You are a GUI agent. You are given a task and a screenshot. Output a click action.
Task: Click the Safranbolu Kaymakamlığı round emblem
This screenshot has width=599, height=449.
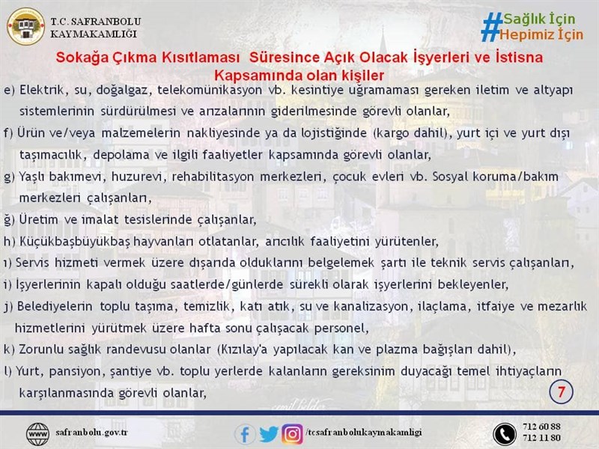[x=25, y=27]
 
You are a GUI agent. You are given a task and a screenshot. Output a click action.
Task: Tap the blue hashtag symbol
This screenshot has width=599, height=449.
[x=491, y=27]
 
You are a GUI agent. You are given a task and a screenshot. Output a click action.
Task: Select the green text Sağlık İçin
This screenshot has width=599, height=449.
[x=539, y=19]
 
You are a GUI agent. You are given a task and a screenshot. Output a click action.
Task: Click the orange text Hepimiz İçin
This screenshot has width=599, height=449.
[x=541, y=34]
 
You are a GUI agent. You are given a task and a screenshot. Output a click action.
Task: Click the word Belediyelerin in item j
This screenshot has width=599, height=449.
[x=55, y=307]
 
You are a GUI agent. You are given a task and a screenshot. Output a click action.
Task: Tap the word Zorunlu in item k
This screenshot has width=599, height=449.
[x=41, y=349]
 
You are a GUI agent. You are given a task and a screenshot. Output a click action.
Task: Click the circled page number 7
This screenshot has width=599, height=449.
[x=561, y=391]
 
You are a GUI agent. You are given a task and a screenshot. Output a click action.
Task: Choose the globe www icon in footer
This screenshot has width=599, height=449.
[x=37, y=435]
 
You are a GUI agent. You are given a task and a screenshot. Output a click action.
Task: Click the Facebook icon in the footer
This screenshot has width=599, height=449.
[x=245, y=435]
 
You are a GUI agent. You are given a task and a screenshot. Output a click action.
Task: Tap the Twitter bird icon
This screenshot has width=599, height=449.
[x=270, y=435]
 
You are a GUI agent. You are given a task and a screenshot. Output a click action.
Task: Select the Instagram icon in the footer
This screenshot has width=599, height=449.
[x=293, y=435]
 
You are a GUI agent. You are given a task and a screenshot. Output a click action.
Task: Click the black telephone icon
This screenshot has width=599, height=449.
[x=505, y=435]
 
